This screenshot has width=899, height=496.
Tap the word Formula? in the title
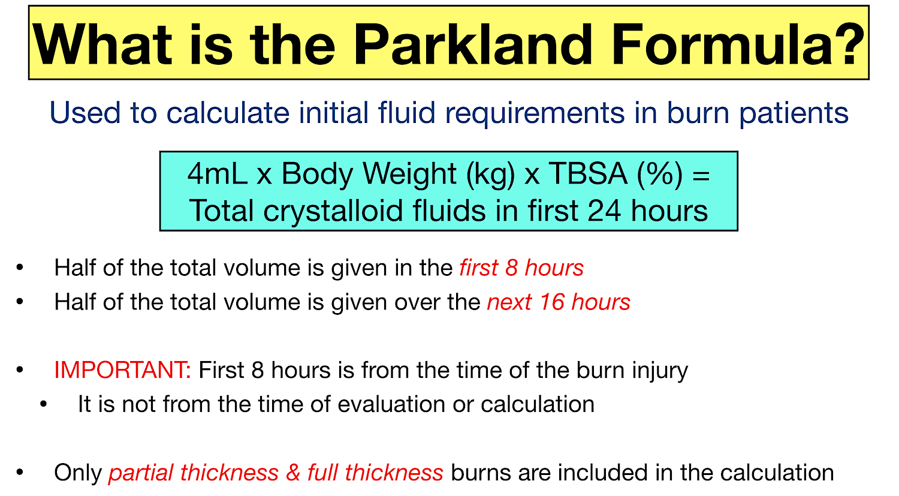click(x=738, y=44)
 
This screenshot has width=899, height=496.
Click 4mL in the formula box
click(x=217, y=175)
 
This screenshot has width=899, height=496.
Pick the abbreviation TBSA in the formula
click(x=588, y=175)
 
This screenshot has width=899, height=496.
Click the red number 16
click(x=551, y=302)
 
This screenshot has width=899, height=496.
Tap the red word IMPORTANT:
click(x=122, y=370)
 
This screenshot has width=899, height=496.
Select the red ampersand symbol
click(x=293, y=473)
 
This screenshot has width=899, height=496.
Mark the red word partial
click(x=141, y=473)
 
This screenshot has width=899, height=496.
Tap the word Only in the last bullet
click(x=77, y=473)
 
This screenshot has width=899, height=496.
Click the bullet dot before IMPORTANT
click(x=20, y=370)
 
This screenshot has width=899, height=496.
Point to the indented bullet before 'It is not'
click(x=43, y=404)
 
